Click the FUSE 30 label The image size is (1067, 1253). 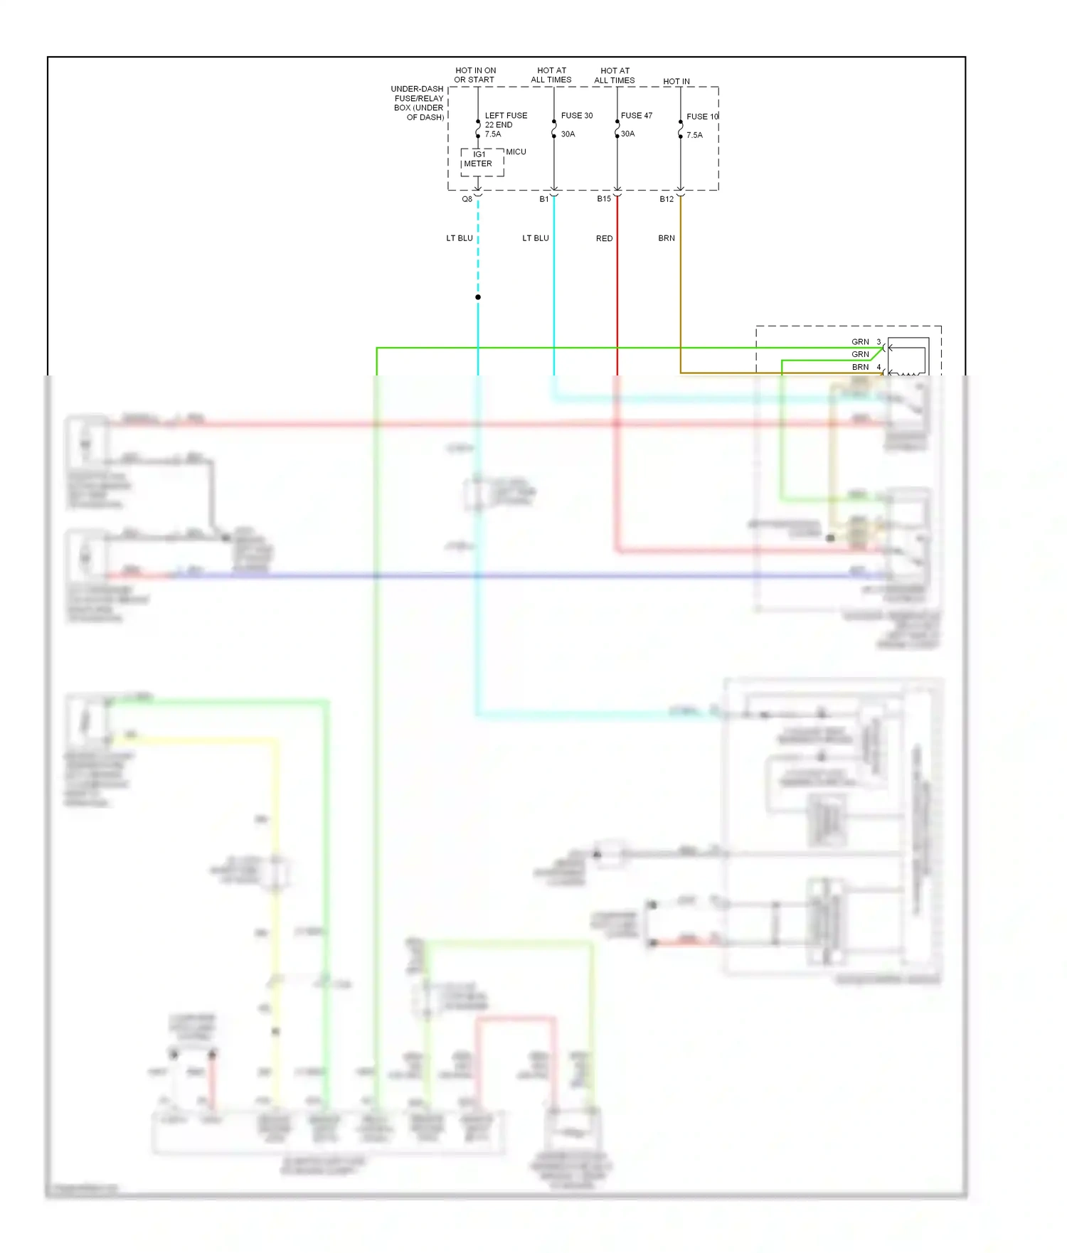coord(576,115)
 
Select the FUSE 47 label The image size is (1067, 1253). coord(636,115)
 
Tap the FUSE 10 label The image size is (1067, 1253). coord(702,117)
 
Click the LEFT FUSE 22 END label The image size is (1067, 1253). coord(506,119)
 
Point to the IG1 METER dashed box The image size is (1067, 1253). coord(482,162)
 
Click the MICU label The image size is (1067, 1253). coord(516,151)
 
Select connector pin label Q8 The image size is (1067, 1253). coord(467,199)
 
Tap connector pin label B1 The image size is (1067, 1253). coord(544,199)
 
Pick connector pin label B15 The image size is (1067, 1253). coord(604,199)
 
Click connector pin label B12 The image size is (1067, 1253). coord(667,199)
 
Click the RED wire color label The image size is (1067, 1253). coord(604,238)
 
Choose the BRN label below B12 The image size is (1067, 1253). coord(667,238)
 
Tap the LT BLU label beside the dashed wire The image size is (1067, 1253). coord(460,238)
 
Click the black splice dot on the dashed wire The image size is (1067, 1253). coord(478,297)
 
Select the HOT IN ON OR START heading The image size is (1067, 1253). coord(475,75)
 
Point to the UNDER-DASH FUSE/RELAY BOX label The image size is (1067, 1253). coord(418,103)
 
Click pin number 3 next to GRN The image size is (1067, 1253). coord(878,342)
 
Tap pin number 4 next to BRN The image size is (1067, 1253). coord(878,367)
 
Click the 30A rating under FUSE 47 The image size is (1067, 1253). coord(627,134)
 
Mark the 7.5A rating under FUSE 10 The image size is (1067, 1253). coord(694,135)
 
